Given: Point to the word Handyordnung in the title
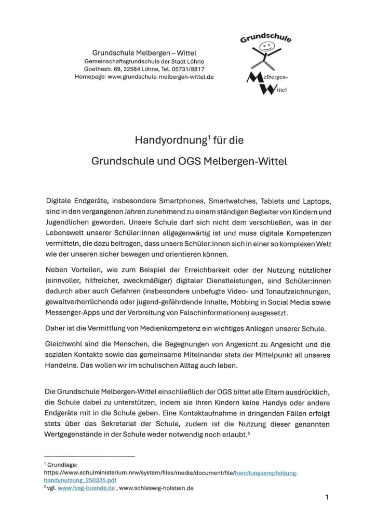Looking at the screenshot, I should [x=166, y=141].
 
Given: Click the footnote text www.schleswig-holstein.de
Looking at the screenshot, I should [x=156, y=488].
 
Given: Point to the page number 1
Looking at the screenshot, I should [x=327, y=497].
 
